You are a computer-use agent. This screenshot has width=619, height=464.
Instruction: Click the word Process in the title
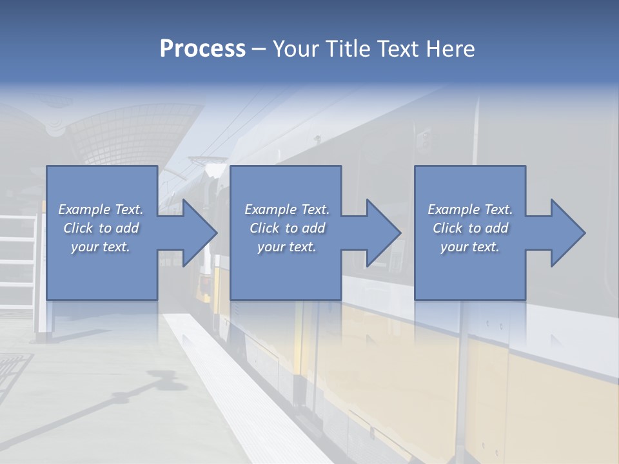202,49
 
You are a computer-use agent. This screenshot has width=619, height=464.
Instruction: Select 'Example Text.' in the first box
101,209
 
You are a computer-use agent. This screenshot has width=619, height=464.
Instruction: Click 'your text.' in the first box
101,247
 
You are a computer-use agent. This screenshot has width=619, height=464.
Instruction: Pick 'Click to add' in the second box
287,228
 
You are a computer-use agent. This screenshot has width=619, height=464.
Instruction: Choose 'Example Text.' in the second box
287,209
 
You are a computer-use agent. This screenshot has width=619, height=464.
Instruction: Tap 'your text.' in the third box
470,247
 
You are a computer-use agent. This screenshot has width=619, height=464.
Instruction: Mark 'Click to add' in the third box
470,228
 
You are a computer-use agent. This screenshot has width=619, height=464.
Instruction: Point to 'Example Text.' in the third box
470,209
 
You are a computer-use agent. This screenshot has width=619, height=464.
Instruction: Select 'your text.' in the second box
287,247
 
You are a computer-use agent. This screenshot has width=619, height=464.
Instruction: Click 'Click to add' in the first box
101,228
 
